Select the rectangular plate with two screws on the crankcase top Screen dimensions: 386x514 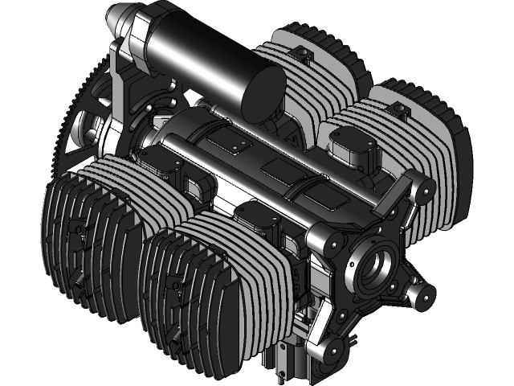point(233,145)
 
